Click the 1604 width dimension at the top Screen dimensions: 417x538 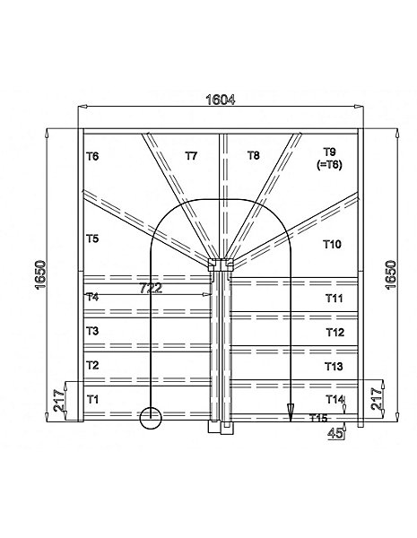220,100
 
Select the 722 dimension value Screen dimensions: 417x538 151,288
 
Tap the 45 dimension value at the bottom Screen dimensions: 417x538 335,434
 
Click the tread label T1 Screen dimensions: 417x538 92,399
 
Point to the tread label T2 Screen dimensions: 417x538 92,365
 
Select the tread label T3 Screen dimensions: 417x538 92,331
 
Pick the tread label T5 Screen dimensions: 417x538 92,239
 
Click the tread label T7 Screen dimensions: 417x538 191,156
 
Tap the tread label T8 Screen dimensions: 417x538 253,155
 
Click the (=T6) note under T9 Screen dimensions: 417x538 329,165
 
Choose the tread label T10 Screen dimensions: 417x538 332,244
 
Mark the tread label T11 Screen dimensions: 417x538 334,299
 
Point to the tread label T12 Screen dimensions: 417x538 334,332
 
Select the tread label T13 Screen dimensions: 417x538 334,367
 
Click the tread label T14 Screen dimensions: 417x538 334,399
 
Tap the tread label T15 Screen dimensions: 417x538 318,418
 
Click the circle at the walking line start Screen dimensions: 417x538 151,418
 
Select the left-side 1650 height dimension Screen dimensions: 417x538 41,275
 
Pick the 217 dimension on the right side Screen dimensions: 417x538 377,399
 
